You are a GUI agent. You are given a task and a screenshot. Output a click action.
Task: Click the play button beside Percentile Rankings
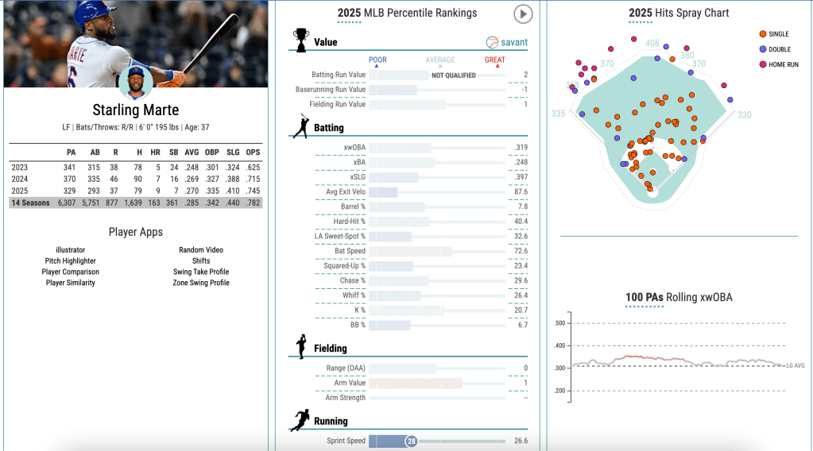[522, 13]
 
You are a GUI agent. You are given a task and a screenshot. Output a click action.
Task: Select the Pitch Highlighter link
[71, 260]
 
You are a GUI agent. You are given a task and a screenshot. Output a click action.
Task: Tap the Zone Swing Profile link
[201, 283]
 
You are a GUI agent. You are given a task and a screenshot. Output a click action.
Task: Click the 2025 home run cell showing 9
[157, 191]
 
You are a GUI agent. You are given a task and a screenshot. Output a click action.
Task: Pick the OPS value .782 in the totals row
[252, 202]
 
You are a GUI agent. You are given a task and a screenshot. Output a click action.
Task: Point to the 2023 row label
[19, 167]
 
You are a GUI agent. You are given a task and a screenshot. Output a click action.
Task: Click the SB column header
[175, 152]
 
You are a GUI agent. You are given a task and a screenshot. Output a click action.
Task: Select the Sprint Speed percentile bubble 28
[411, 441]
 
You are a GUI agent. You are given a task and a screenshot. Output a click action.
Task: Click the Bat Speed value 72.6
[521, 251]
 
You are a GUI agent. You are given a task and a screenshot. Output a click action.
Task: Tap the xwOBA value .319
[521, 147]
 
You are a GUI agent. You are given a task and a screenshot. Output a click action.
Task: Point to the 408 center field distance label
[652, 43]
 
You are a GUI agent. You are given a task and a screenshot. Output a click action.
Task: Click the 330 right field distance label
[744, 115]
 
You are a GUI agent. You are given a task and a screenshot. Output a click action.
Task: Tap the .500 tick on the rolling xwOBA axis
[559, 323]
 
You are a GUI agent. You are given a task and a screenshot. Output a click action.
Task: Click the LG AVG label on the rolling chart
[795, 365]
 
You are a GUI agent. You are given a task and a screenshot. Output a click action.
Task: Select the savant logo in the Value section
[507, 42]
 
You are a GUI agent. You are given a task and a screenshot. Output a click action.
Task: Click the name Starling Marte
[134, 110]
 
